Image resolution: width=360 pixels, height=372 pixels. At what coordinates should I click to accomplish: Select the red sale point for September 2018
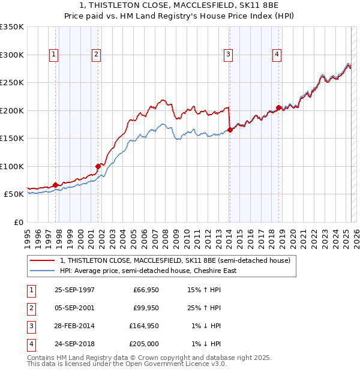click(278, 107)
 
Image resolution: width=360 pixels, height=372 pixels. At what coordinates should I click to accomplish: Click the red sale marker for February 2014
click(230, 130)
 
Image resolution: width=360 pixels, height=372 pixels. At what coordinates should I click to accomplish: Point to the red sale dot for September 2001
click(98, 166)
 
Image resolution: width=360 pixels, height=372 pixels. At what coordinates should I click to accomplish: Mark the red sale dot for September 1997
click(56, 185)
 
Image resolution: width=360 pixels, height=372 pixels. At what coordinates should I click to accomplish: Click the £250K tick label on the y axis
click(12, 83)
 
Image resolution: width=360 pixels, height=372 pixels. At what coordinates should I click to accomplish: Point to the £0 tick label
click(18, 222)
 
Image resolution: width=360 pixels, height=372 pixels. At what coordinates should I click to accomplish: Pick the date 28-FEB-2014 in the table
click(74, 325)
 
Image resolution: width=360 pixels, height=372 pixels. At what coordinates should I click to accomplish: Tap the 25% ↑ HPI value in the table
click(205, 308)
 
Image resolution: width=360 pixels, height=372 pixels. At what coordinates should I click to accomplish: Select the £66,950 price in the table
click(144, 290)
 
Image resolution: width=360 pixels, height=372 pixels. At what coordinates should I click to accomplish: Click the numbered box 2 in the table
click(31, 308)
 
